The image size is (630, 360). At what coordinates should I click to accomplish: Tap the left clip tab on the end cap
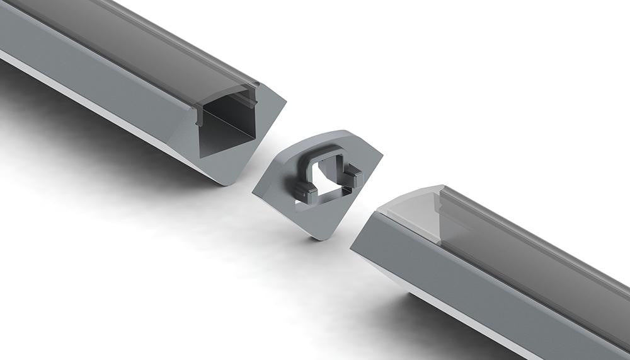click(306, 193)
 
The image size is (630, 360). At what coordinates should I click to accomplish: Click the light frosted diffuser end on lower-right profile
click(409, 208)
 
